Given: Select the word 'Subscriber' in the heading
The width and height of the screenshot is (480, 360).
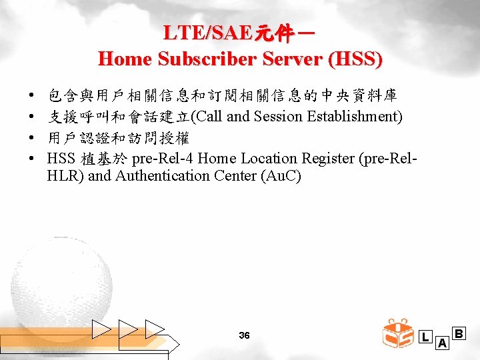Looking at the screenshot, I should click(x=189, y=59).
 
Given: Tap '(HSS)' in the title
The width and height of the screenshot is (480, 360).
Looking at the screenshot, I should click(x=361, y=59).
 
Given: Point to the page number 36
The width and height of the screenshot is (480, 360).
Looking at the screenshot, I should click(x=244, y=335).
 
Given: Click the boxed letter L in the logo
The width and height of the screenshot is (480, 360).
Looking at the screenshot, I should click(x=425, y=337).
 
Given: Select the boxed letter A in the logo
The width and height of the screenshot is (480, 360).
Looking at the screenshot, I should click(x=441, y=343).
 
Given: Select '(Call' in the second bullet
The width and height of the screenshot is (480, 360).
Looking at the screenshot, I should click(x=207, y=117).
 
